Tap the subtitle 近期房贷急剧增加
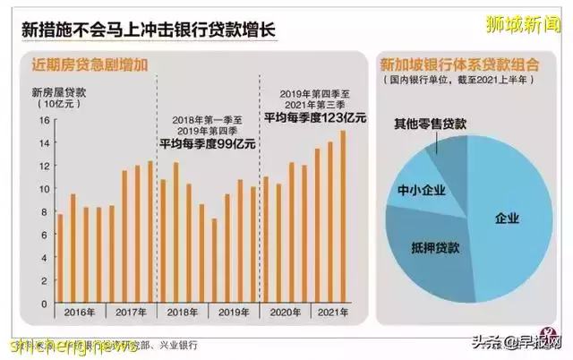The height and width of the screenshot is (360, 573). [90, 64]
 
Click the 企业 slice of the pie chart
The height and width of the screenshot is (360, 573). [506, 218]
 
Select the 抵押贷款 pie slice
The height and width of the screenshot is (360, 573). [429, 244]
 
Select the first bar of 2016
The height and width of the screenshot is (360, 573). [60, 259]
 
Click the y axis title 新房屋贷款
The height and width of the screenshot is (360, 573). [59, 92]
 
